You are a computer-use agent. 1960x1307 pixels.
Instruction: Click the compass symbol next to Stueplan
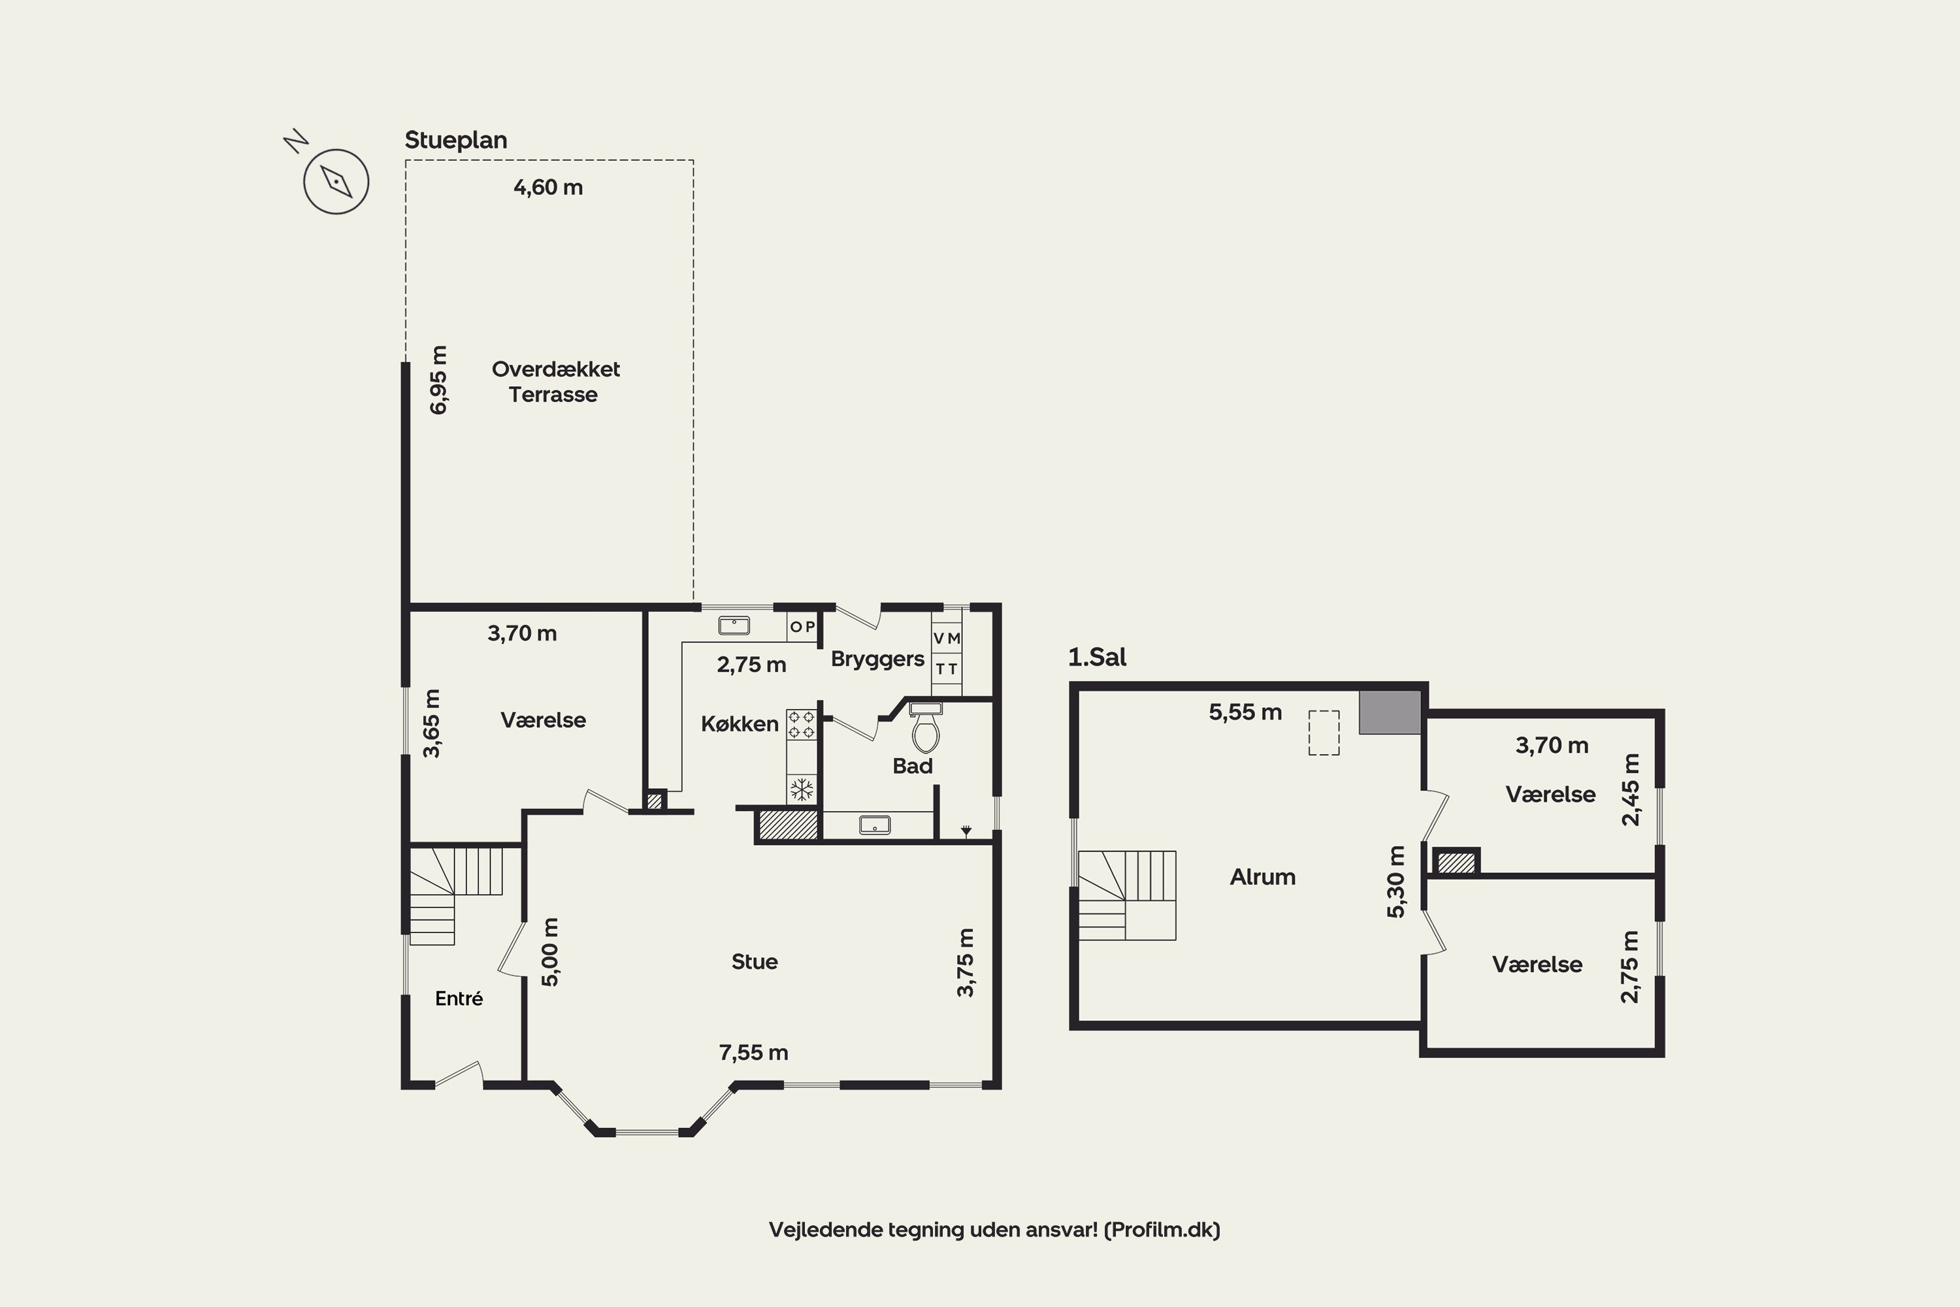click(336, 181)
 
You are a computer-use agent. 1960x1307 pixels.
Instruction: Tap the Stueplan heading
click(456, 140)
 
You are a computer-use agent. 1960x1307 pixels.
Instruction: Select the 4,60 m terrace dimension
click(548, 188)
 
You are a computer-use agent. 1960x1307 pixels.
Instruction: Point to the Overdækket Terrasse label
click(555, 382)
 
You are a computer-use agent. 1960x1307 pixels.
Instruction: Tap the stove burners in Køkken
click(802, 723)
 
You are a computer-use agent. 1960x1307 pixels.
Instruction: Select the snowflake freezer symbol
click(802, 789)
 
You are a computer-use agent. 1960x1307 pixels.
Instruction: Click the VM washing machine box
click(947, 638)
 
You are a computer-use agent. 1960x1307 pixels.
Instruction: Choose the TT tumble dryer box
click(947, 669)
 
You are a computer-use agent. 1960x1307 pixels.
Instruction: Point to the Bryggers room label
click(877, 659)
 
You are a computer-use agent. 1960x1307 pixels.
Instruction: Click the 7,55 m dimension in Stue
click(753, 1053)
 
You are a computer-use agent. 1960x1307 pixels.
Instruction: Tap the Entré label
click(459, 998)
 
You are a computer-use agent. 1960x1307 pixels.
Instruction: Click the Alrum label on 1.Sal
click(1262, 877)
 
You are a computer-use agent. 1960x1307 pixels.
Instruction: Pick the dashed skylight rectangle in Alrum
click(1324, 733)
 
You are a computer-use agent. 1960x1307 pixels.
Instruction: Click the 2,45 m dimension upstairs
click(1630, 790)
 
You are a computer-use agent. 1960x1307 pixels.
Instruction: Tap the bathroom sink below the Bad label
click(875, 825)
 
